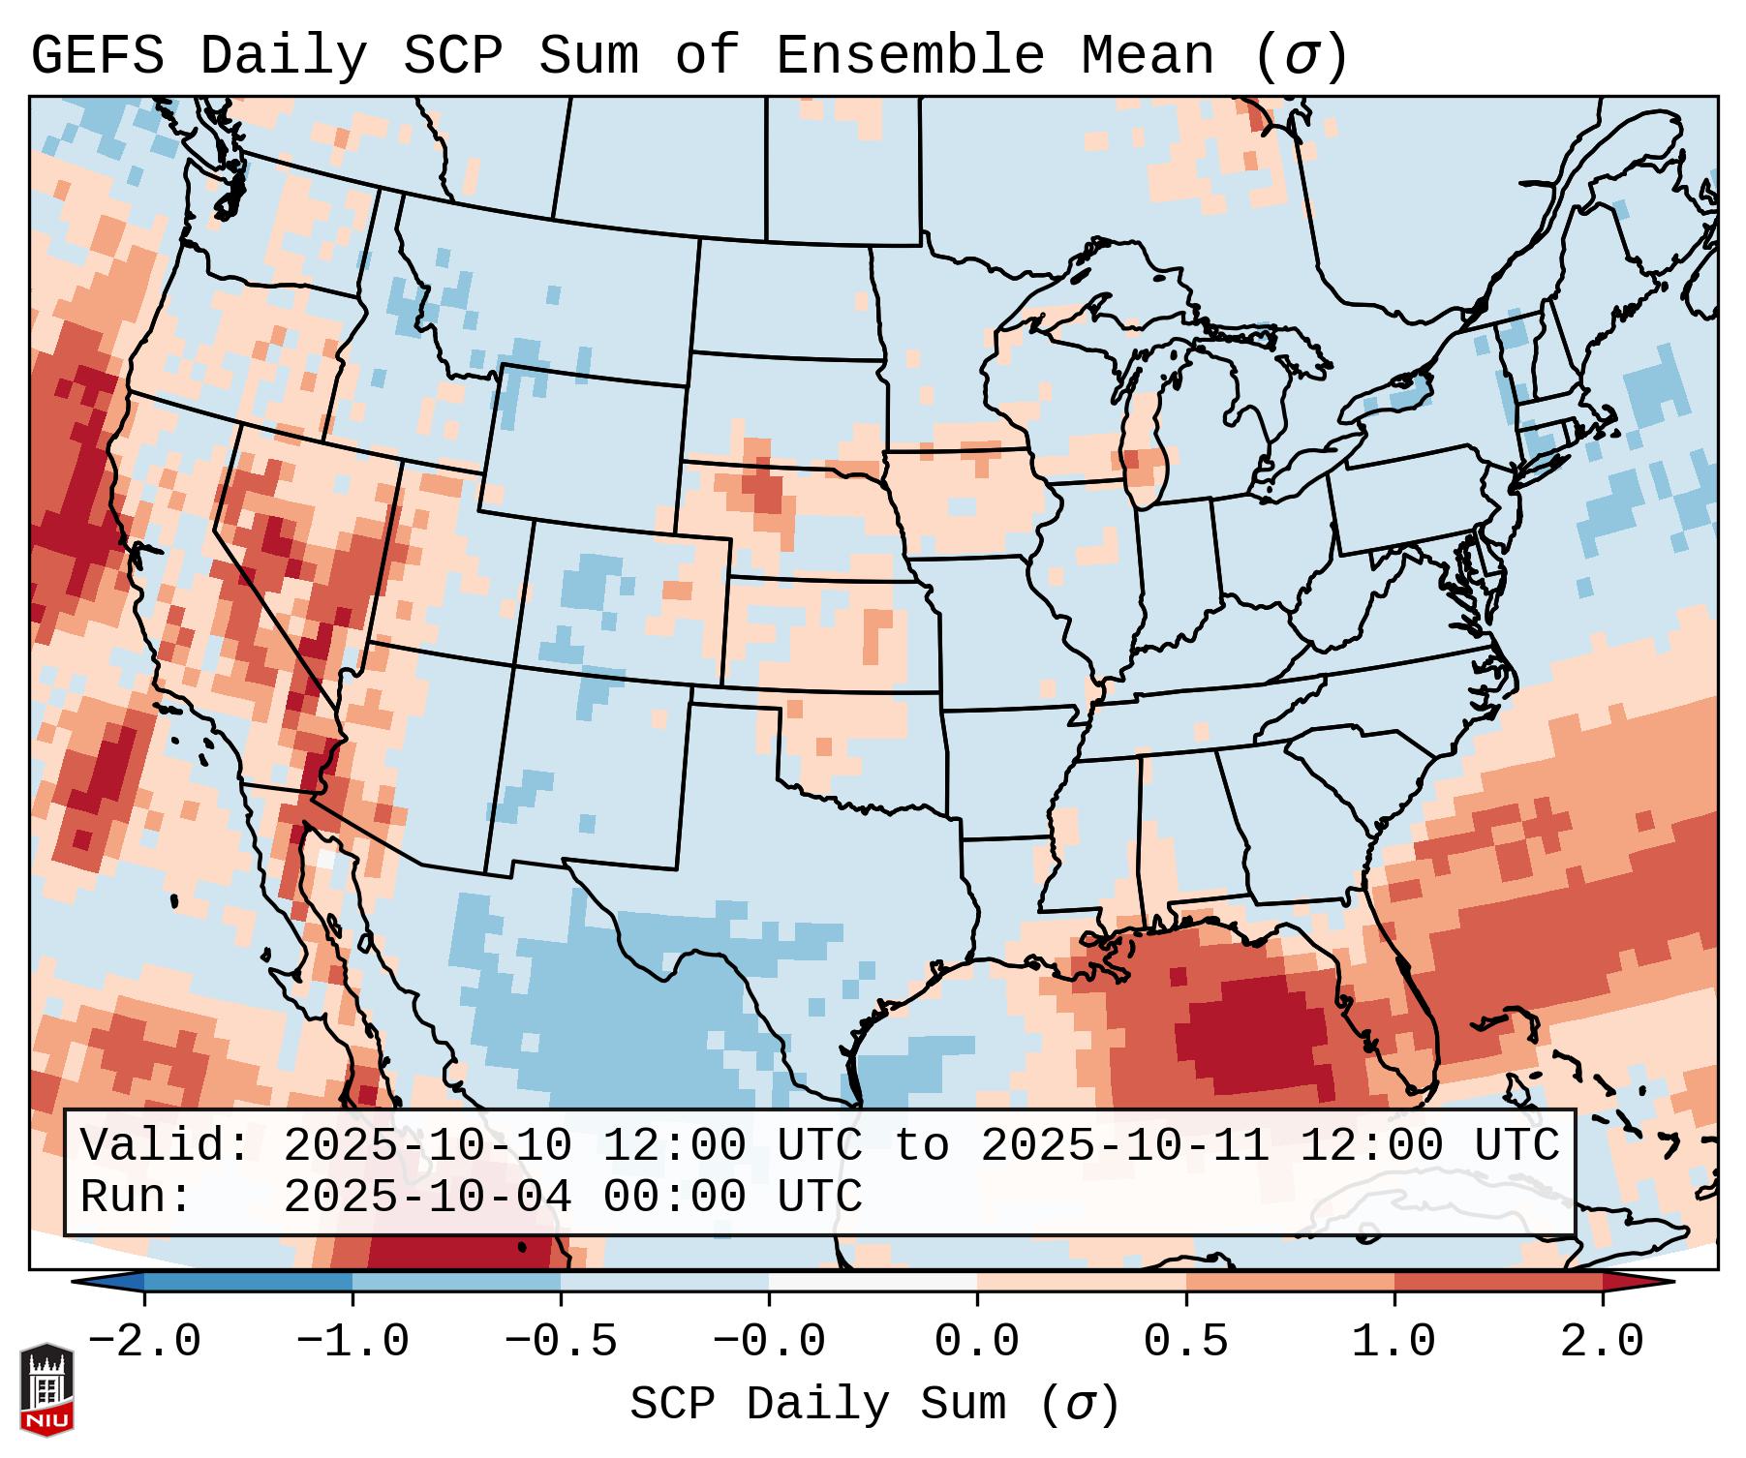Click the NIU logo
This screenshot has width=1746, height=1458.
(46, 1389)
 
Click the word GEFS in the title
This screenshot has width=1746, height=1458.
(97, 56)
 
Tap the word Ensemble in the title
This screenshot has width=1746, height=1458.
(909, 56)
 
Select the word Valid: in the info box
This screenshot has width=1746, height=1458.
(166, 1146)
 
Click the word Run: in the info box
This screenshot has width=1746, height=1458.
(137, 1198)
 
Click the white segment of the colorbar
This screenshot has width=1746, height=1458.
(873, 1282)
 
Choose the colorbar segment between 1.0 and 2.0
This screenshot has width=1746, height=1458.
(1498, 1282)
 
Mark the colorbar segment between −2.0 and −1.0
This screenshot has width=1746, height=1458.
(248, 1282)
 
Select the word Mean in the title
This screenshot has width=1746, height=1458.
(1147, 56)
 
